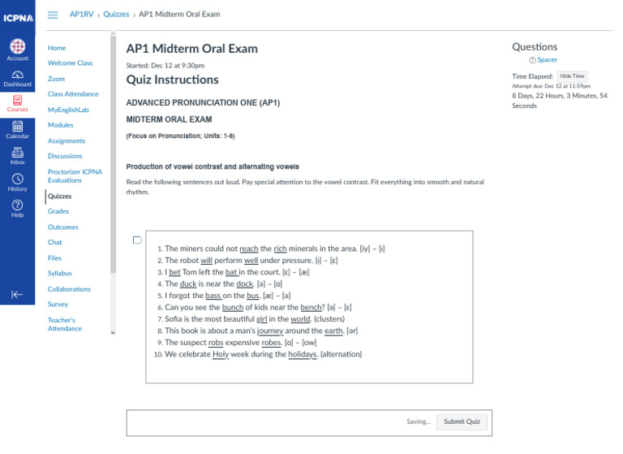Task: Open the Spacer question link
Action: point(547,60)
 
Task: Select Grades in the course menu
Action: point(58,211)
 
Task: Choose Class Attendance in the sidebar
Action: point(73,94)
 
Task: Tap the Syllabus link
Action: point(60,274)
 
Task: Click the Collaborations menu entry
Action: point(69,289)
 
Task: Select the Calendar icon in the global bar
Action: point(17,126)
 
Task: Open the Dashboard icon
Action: point(17,75)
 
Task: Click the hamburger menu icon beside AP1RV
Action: point(54,15)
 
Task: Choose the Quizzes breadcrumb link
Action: point(116,15)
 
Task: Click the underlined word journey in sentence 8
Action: point(270,331)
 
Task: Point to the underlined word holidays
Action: point(302,355)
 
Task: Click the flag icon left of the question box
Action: point(136,240)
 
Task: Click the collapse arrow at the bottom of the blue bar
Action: point(17,295)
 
